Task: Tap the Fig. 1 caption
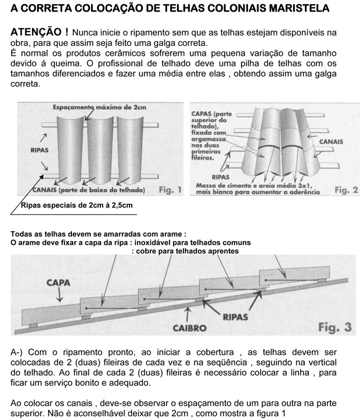click(170, 189)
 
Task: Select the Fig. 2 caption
click(347, 189)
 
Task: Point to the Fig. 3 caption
click(335, 327)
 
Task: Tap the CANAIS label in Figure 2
click(331, 141)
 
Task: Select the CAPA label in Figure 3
click(58, 283)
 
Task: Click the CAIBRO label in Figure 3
click(189, 328)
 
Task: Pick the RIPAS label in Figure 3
click(236, 317)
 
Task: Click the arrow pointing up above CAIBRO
click(187, 314)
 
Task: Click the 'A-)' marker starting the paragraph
click(17, 352)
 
